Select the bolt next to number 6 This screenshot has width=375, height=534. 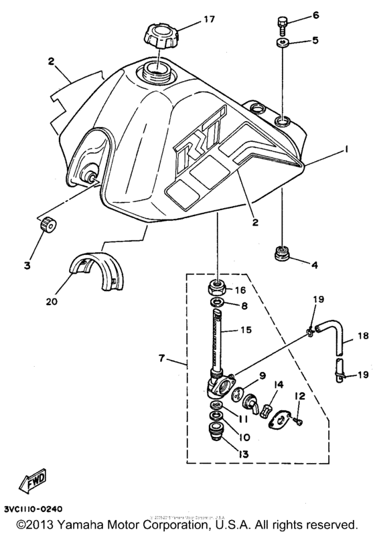[281, 25]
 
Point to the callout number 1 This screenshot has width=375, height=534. [347, 152]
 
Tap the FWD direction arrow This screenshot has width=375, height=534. [33, 481]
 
